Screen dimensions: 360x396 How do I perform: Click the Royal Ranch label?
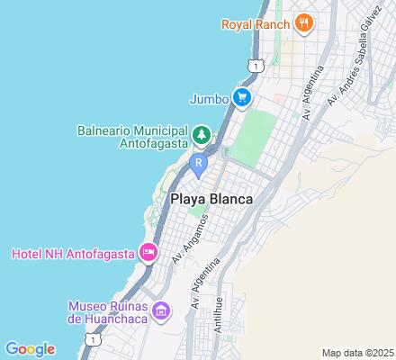(255, 22)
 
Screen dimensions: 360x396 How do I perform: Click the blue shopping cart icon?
(241, 97)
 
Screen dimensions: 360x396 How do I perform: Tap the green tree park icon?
(204, 136)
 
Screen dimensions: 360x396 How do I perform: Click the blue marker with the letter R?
(199, 163)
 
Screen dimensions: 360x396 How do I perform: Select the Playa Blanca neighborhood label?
(210, 198)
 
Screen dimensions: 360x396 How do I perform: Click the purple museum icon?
(162, 311)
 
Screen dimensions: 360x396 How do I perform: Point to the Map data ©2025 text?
(357, 352)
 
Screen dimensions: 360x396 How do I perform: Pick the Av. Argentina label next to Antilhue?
(205, 283)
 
